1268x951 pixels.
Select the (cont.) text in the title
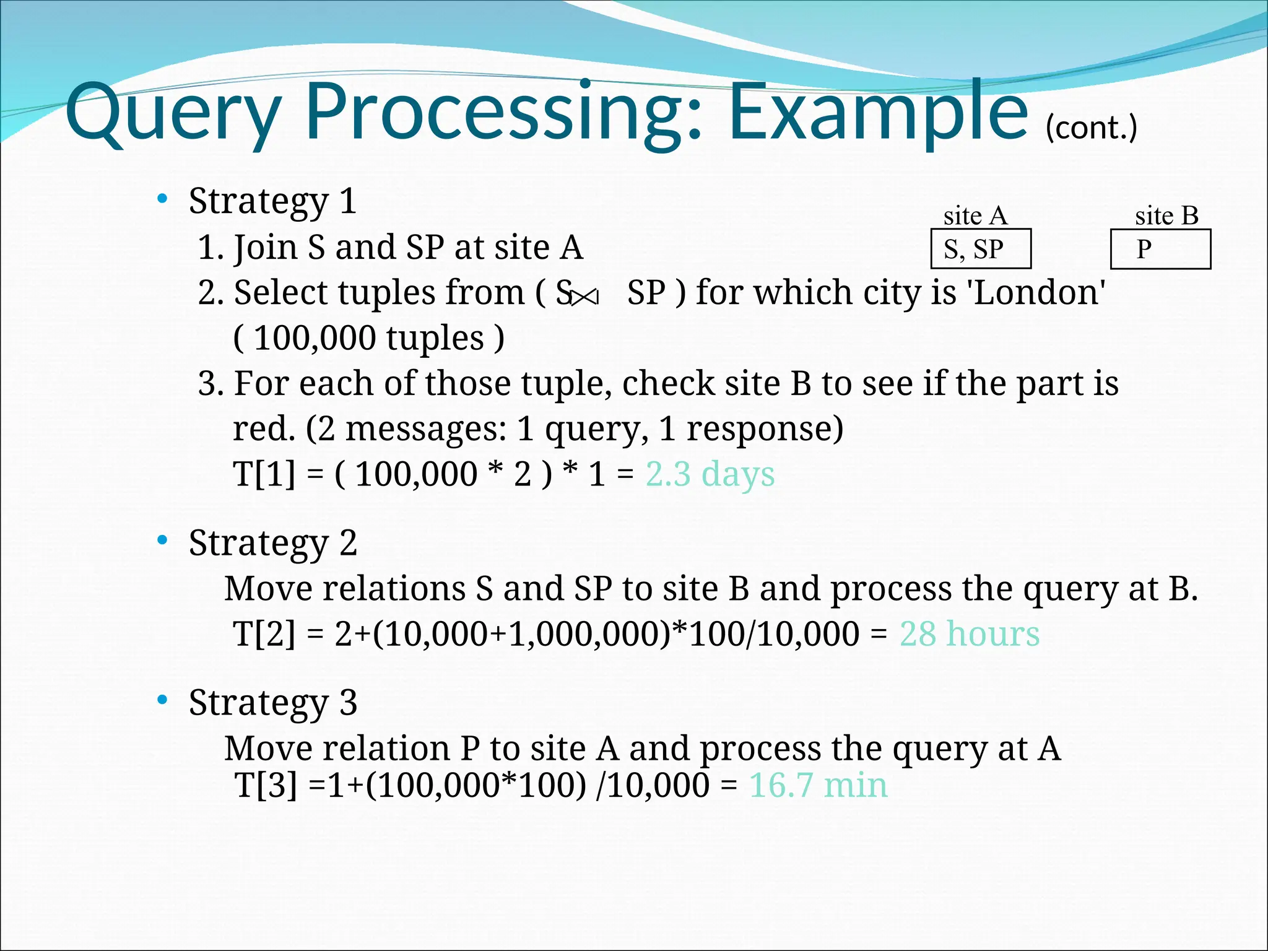[x=1091, y=128]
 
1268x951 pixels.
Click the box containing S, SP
[x=981, y=249]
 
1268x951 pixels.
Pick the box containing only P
[x=1160, y=249]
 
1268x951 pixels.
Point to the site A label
[x=975, y=216]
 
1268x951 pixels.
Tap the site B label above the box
[x=1166, y=216]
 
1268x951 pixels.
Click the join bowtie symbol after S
[x=584, y=298]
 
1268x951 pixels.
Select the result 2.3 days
[x=710, y=475]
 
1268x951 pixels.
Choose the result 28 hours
[x=969, y=634]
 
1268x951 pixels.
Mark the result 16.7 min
[x=818, y=786]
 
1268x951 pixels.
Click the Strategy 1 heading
[x=272, y=201]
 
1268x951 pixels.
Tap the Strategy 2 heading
[x=272, y=543]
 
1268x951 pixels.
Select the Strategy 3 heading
[x=272, y=703]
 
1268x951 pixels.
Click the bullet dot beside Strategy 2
[x=162, y=541]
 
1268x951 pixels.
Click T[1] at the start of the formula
[x=264, y=475]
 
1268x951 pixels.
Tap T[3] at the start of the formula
[x=266, y=786]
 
